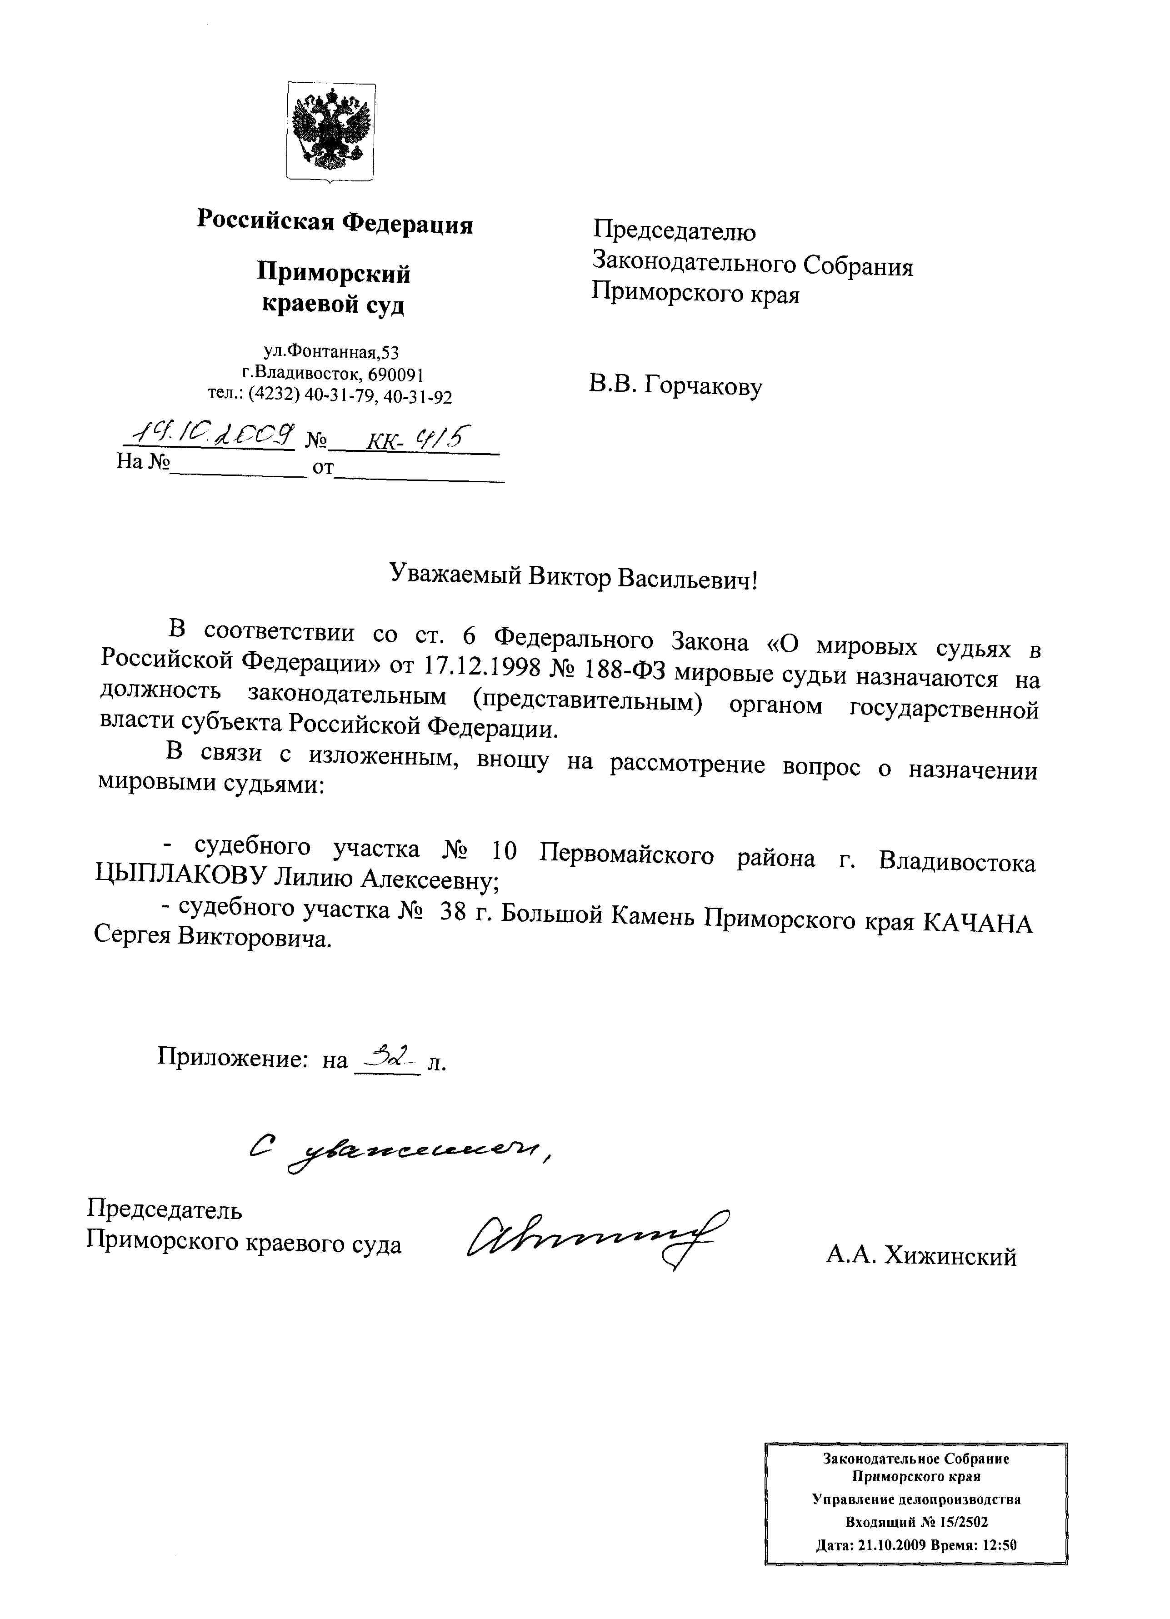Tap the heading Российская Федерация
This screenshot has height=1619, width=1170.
click(335, 222)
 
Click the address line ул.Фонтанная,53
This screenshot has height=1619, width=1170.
click(331, 351)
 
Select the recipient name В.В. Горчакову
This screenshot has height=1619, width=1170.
click(675, 386)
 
